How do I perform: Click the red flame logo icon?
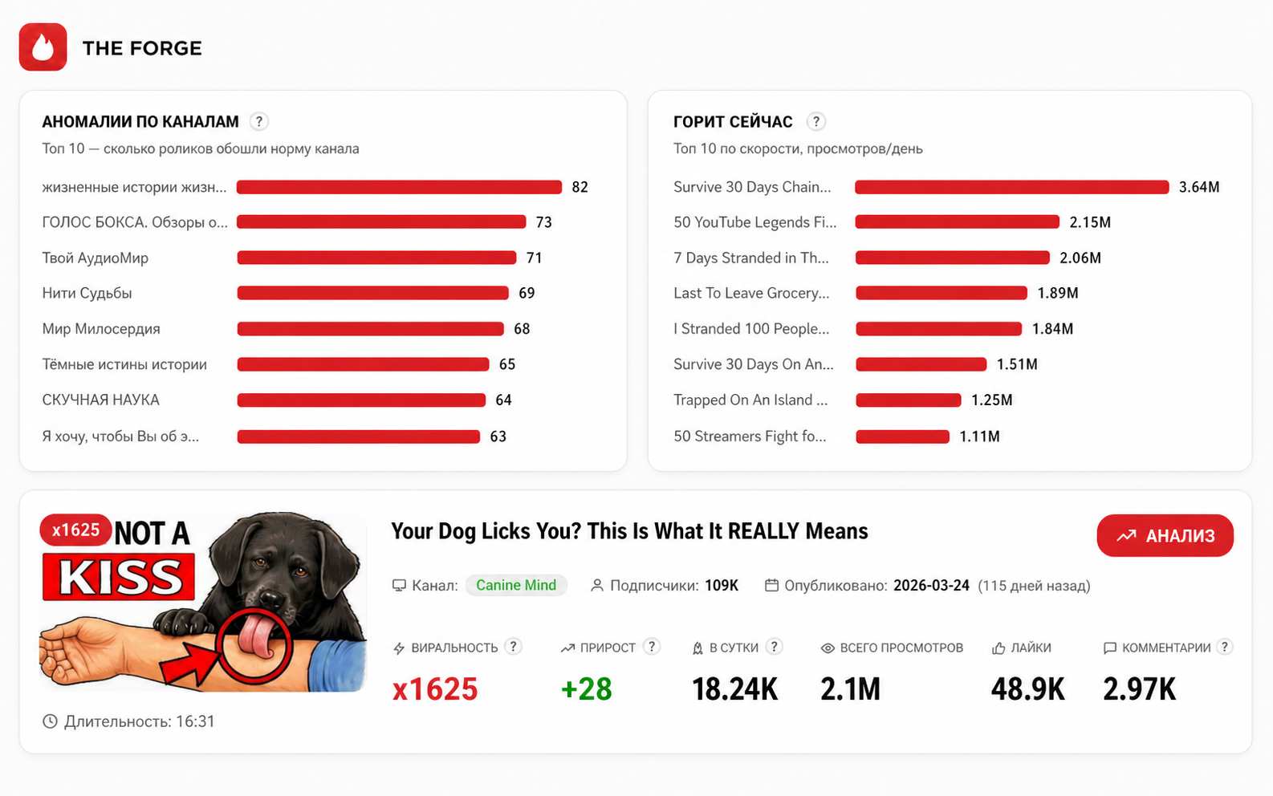point(43,47)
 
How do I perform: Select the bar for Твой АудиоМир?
point(376,258)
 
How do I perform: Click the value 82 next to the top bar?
point(580,187)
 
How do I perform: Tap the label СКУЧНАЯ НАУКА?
point(100,400)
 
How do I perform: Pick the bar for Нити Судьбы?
point(372,293)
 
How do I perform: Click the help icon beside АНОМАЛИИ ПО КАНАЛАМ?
point(258,122)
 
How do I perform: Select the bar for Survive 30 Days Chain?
point(1011,187)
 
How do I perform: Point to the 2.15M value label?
point(1090,222)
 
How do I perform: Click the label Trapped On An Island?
point(750,400)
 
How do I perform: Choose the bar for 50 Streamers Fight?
point(902,437)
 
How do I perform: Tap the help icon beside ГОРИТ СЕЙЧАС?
point(816,122)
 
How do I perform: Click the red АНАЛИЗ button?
point(1165,536)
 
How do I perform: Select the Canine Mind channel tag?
point(516,585)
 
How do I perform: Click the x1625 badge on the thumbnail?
point(75,530)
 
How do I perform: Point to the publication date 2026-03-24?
point(931,585)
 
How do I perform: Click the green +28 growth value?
point(586,688)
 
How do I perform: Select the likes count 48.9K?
point(1027,689)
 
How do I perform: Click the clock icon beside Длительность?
point(50,721)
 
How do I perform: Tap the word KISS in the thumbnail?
point(119,577)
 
